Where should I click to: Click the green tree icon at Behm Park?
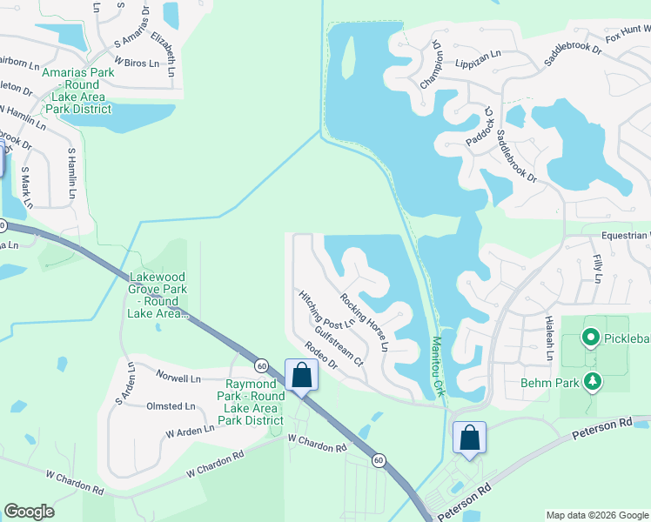point(593,381)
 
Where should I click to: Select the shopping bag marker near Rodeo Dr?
point(302,376)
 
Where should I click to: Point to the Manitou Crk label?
point(437,366)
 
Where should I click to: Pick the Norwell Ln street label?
point(178,378)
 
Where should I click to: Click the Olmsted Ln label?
point(171,406)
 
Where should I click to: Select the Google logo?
point(29,512)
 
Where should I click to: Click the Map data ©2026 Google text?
point(596,515)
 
